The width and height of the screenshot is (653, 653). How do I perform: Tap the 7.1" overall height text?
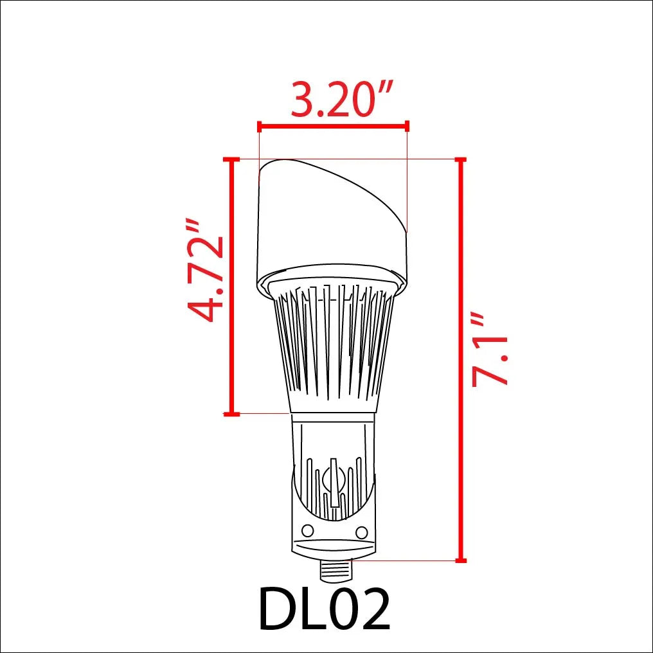[x=490, y=351]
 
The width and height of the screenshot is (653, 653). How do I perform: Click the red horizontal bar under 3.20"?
[x=332, y=125]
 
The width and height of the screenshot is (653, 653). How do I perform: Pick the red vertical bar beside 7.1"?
[x=460, y=360]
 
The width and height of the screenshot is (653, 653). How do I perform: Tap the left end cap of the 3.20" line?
[x=258, y=125]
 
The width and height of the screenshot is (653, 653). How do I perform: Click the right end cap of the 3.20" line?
[x=407, y=125]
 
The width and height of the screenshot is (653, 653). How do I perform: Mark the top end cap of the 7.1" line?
[x=460, y=159]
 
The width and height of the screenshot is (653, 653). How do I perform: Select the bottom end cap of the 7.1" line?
[x=460, y=560]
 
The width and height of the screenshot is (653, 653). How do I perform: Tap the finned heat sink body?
[x=333, y=347]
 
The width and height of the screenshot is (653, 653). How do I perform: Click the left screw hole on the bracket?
[x=307, y=530]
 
